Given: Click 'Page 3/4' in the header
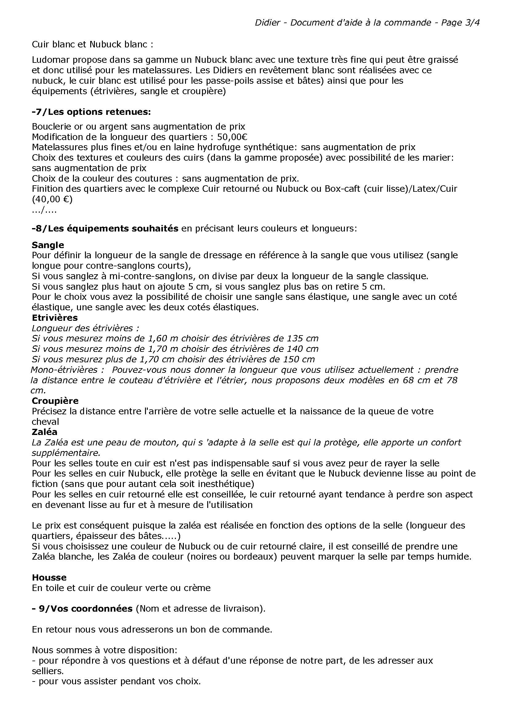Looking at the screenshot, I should pyautogui.click(x=460, y=22).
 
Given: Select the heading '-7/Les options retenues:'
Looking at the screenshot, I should pyautogui.click(x=91, y=112).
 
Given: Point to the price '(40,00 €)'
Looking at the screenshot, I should pyautogui.click(x=52, y=199).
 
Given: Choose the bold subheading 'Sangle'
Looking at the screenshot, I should pyautogui.click(x=48, y=245).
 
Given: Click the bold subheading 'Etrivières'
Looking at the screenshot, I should pyautogui.click(x=55, y=318).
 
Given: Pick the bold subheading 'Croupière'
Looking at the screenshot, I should pyautogui.click(x=55, y=401).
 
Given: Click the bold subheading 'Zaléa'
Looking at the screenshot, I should pyautogui.click(x=45, y=432).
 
